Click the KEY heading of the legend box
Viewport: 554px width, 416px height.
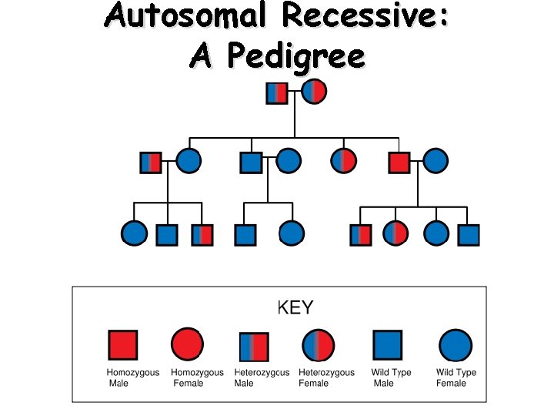click(295, 308)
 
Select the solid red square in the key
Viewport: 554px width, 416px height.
click(123, 346)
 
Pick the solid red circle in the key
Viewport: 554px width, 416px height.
click(187, 346)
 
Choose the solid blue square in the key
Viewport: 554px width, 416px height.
click(387, 346)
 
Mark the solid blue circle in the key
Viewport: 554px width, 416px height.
click(454, 346)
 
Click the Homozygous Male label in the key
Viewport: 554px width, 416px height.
click(133, 377)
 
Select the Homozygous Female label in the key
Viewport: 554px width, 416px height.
click(198, 377)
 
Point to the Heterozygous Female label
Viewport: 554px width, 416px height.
click(326, 377)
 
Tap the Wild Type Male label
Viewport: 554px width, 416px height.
click(391, 377)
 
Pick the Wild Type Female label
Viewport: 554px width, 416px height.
click(456, 377)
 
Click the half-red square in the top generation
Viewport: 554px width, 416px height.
click(277, 92)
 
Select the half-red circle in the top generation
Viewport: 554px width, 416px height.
click(314, 91)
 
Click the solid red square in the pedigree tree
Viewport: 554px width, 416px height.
click(399, 162)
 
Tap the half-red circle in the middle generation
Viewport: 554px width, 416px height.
click(343, 161)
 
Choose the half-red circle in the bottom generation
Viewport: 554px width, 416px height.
click(395, 233)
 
